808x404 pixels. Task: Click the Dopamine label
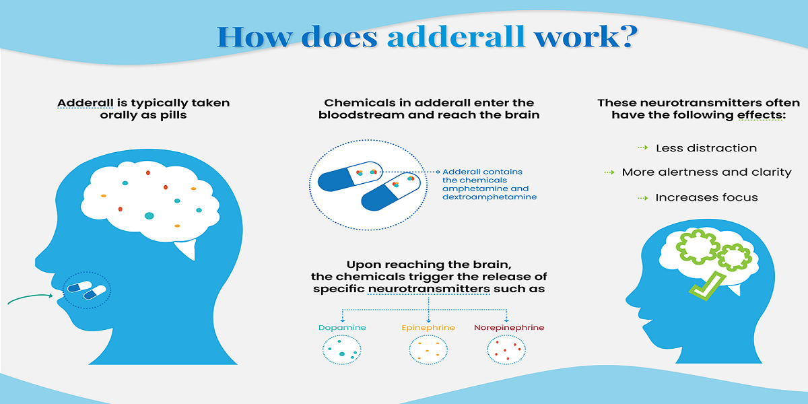342,328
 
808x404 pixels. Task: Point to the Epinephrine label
428,328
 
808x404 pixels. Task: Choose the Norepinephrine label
509,328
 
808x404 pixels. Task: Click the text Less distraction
706,148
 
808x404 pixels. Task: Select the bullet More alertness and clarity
706,172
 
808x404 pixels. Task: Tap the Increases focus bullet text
706,197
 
